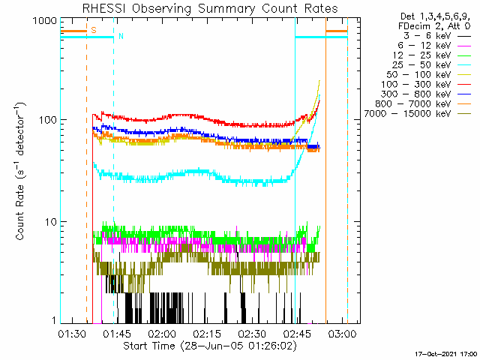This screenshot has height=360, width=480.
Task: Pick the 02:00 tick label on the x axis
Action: click(162, 334)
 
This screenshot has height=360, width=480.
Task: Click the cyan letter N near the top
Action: click(120, 36)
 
